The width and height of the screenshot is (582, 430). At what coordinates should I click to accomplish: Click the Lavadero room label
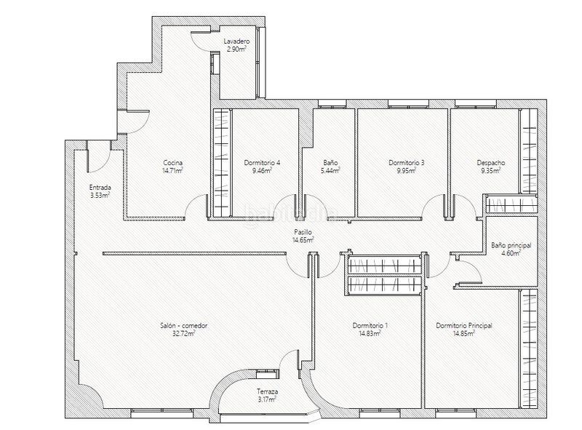236,41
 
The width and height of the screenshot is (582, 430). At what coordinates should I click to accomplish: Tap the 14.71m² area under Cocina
172,170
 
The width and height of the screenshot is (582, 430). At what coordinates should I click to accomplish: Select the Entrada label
100,188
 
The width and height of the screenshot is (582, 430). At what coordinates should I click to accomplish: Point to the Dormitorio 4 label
262,163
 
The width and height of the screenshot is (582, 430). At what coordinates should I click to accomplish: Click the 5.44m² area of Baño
330,170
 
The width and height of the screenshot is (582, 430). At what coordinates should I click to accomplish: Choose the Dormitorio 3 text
407,163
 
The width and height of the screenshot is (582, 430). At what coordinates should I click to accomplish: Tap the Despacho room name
490,163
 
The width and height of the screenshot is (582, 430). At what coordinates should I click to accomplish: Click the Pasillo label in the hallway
303,232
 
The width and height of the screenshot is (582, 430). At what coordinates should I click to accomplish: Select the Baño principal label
511,245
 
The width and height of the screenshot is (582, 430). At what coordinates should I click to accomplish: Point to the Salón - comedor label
184,326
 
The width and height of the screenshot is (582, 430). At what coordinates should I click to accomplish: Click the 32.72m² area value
184,333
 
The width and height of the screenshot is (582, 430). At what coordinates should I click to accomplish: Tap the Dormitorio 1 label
370,326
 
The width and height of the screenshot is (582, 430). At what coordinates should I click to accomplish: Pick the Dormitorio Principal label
464,326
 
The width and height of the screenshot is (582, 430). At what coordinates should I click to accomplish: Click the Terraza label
267,391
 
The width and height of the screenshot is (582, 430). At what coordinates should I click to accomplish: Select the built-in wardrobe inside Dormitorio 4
222,163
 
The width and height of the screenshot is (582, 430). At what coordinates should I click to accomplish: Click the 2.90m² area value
236,49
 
